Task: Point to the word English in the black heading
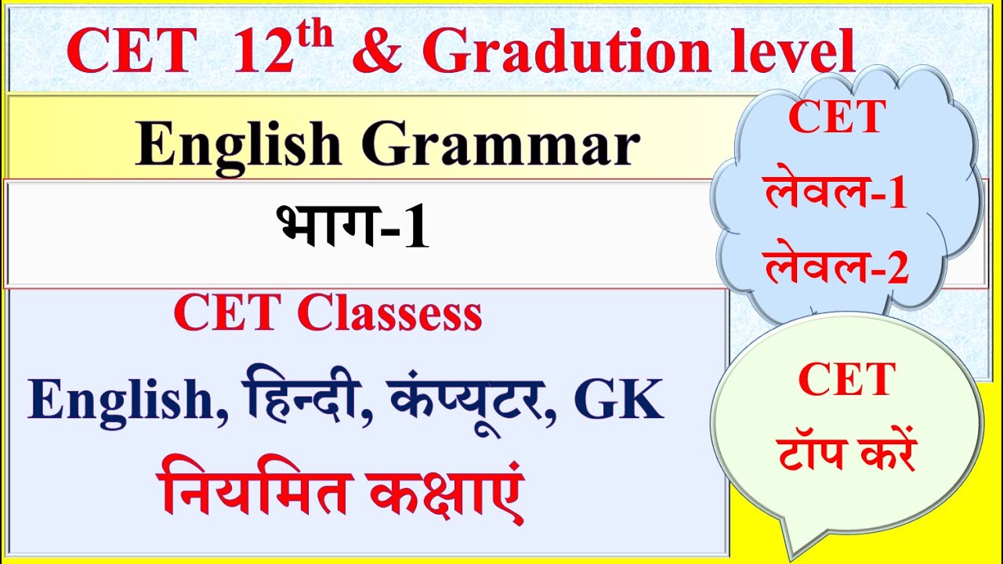click(240, 146)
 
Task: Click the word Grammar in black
click(501, 146)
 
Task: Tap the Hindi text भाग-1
click(353, 228)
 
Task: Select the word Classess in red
click(389, 314)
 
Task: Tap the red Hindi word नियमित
click(254, 486)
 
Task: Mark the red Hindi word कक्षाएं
click(447, 486)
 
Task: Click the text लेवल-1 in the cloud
click(836, 193)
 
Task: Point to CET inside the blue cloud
click(837, 117)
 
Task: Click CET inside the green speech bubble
click(847, 381)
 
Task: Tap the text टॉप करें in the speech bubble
click(847, 454)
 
